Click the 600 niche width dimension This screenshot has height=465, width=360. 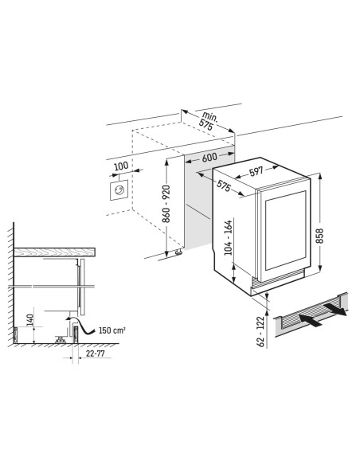209,157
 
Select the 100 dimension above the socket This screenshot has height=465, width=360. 121,166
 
